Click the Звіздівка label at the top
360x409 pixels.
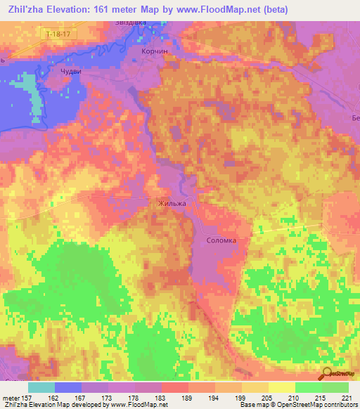point(131,22)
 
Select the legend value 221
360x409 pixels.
point(347,398)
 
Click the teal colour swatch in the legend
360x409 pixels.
point(41,387)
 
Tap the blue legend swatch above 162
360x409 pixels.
point(68,387)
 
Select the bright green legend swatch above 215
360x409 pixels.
point(309,387)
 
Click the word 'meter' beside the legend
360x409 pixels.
point(13,398)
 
